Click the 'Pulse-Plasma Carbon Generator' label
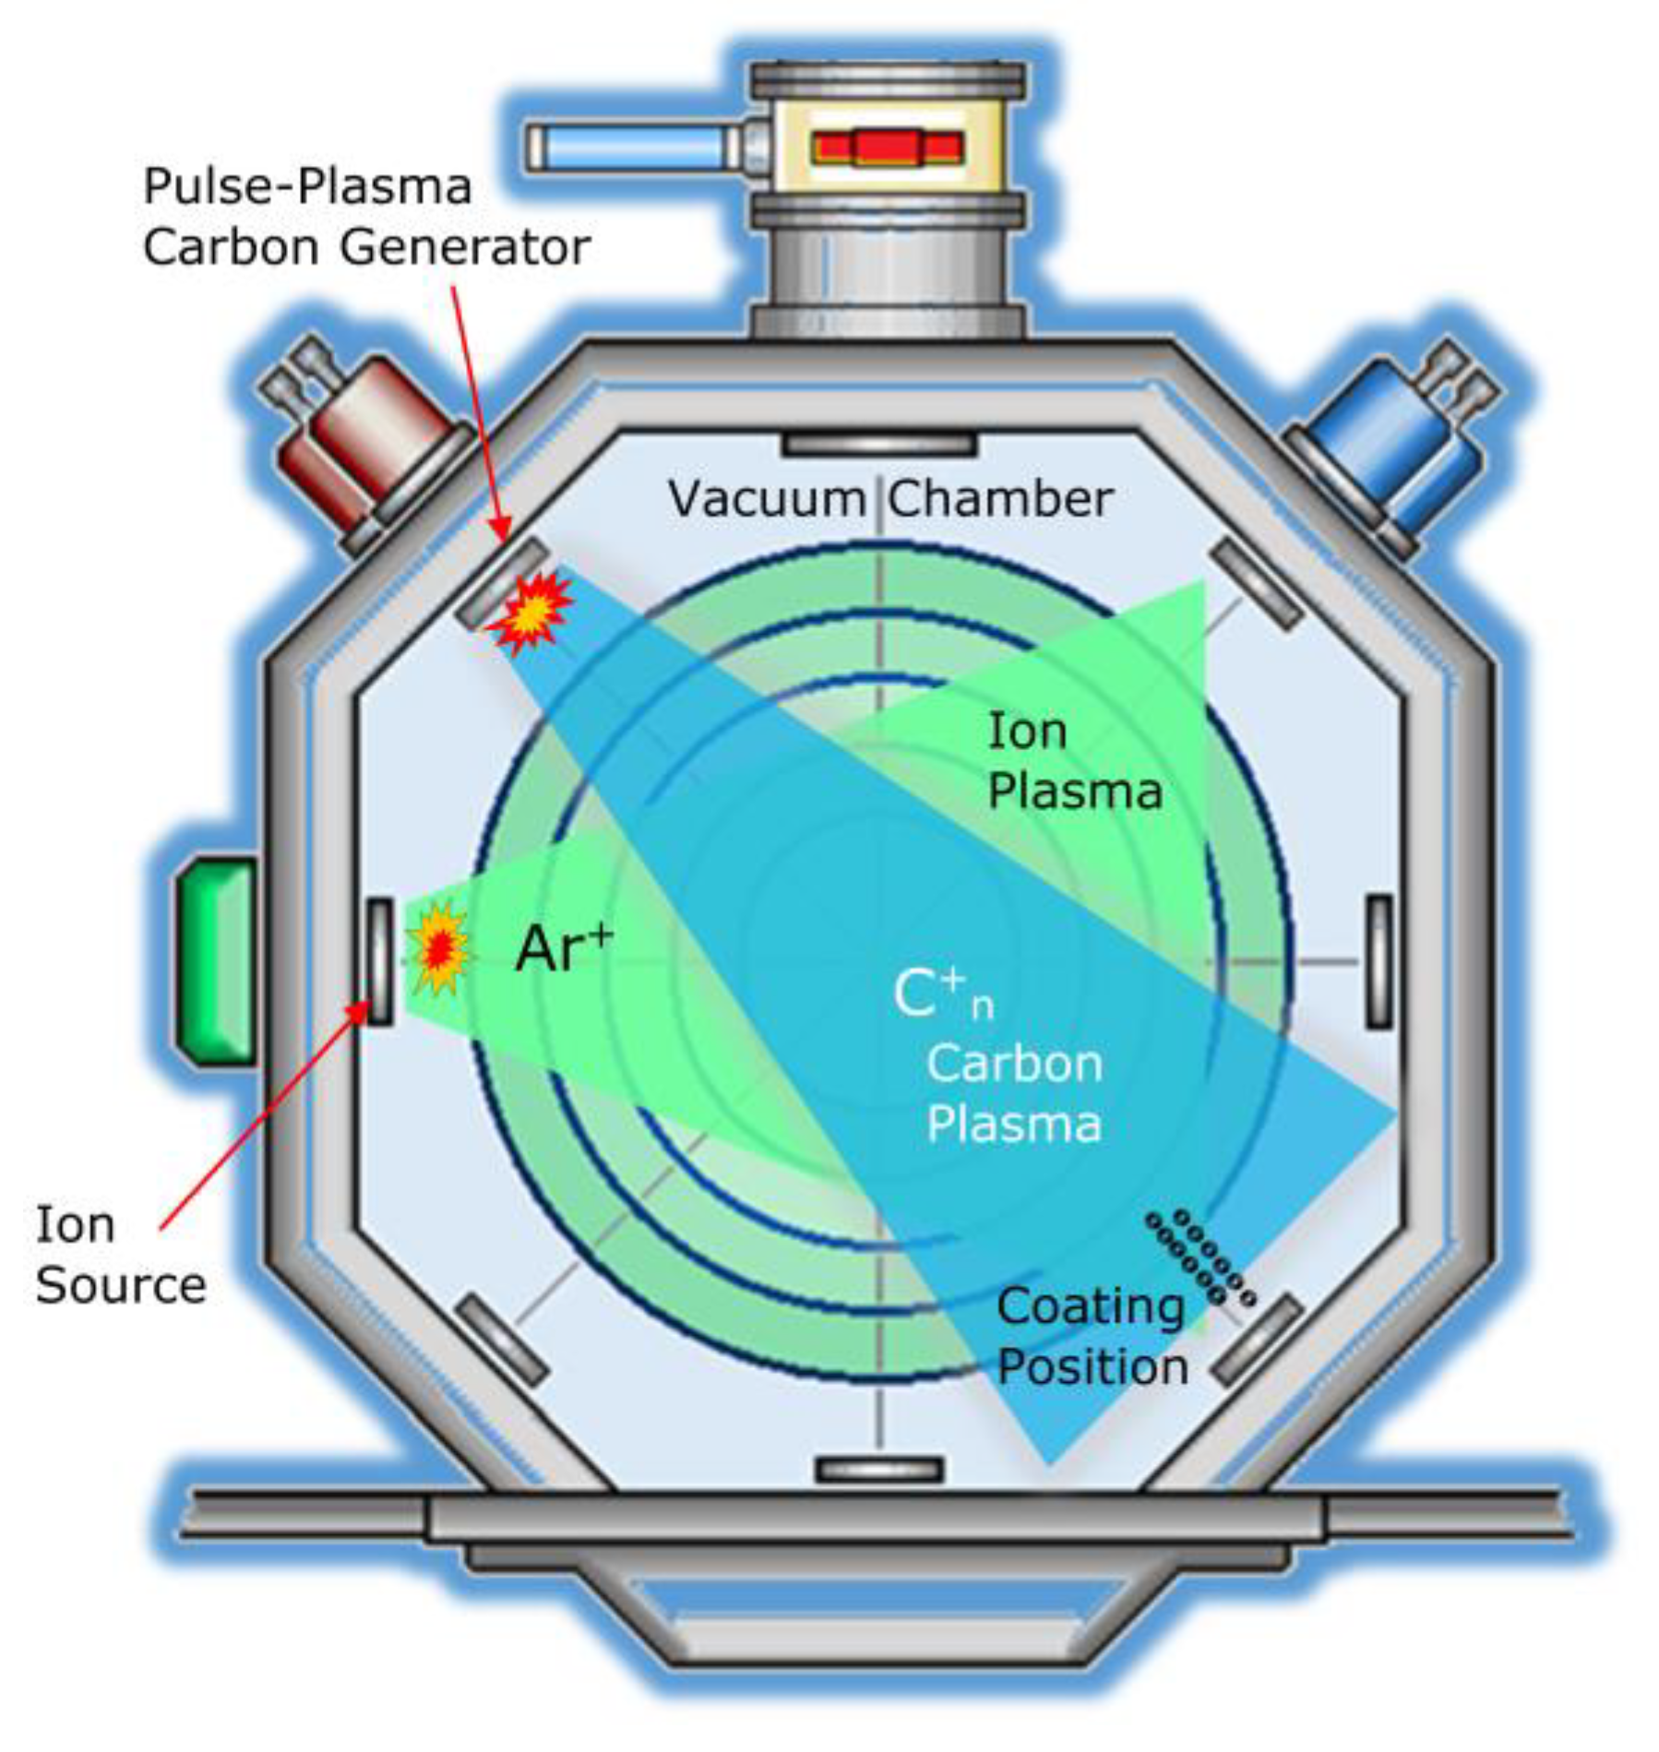(365, 217)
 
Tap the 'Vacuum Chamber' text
(889, 499)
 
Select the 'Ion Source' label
(120, 1256)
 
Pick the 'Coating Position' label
(1092, 1337)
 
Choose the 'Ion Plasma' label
(1073, 762)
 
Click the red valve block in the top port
(888, 148)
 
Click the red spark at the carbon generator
(531, 611)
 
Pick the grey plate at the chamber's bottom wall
(879, 1469)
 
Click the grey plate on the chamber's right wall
(1378, 960)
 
